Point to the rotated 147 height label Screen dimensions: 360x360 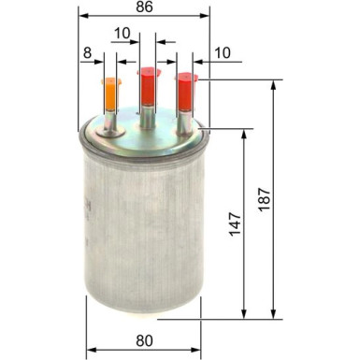pyautogui.click(x=235, y=223)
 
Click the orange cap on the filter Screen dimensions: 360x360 pyautogui.click(x=109, y=92)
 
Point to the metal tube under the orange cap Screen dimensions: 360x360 pyautogui.click(x=110, y=122)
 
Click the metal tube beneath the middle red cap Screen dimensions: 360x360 pyautogui.click(x=147, y=115)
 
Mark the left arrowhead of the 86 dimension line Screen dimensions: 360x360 pyautogui.click(x=82, y=17)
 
